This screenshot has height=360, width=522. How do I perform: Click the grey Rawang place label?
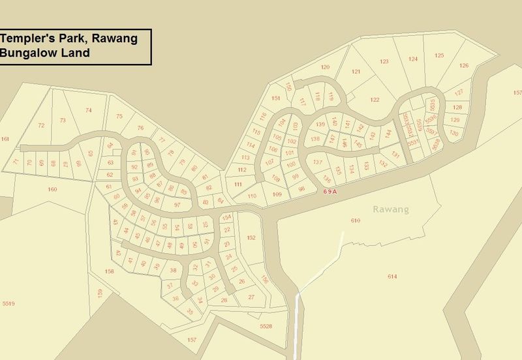pos(391,209)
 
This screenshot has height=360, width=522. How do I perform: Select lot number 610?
pos(356,221)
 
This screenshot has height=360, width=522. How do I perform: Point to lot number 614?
pos(391,277)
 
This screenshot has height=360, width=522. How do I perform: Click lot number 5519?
pos(8,303)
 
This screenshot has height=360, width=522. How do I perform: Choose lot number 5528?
pos(265,325)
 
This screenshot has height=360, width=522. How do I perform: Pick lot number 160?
pos(53,189)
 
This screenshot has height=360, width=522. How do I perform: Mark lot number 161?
pos(6,139)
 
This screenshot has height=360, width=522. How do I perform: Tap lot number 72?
pos(41,125)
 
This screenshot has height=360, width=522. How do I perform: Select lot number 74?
pos(89,110)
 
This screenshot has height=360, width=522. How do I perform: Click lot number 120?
pos(325,67)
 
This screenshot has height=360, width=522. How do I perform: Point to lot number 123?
pos(384,61)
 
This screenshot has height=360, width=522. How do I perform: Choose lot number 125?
pos(439,55)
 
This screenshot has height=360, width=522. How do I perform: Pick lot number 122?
pos(374,99)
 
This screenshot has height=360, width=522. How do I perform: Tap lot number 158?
pos(109,271)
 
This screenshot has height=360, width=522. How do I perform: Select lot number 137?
pos(318,162)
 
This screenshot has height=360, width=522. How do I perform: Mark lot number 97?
pos(177,205)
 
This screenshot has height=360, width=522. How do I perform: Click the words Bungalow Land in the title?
pos(46,53)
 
